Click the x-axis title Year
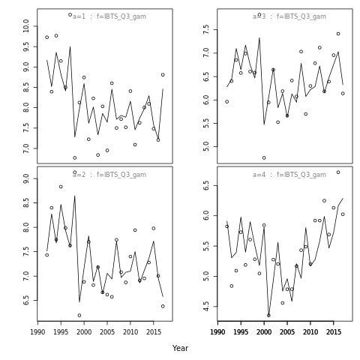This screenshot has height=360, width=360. coord(180,348)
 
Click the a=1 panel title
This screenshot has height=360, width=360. coord(109,16)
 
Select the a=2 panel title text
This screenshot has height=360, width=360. coord(109,175)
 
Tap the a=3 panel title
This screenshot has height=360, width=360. coord(289,16)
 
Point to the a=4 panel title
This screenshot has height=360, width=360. coord(289,175)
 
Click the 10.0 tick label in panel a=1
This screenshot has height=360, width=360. coord(26,26)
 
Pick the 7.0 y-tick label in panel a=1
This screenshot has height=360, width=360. coord(26,148)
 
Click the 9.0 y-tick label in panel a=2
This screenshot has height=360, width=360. coord(26,178)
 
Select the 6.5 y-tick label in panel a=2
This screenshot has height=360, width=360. coord(26,300)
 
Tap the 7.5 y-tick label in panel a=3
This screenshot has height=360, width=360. coord(206,29)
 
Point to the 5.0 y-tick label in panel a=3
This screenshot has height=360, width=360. coord(206,146)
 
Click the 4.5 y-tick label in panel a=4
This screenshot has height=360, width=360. coord(206,307)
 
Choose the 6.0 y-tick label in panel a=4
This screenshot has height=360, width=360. coord(206,215)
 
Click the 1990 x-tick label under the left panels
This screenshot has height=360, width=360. coord(37,332)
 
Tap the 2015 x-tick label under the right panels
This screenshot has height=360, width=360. coord(334,332)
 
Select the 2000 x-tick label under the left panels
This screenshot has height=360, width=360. coord(84,332)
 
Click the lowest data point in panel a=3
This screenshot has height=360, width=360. coord(264,157)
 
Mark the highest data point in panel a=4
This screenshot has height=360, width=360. coord(338,172)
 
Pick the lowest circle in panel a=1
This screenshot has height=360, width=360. coord(75,157)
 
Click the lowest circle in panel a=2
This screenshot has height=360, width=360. coord(79,315)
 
